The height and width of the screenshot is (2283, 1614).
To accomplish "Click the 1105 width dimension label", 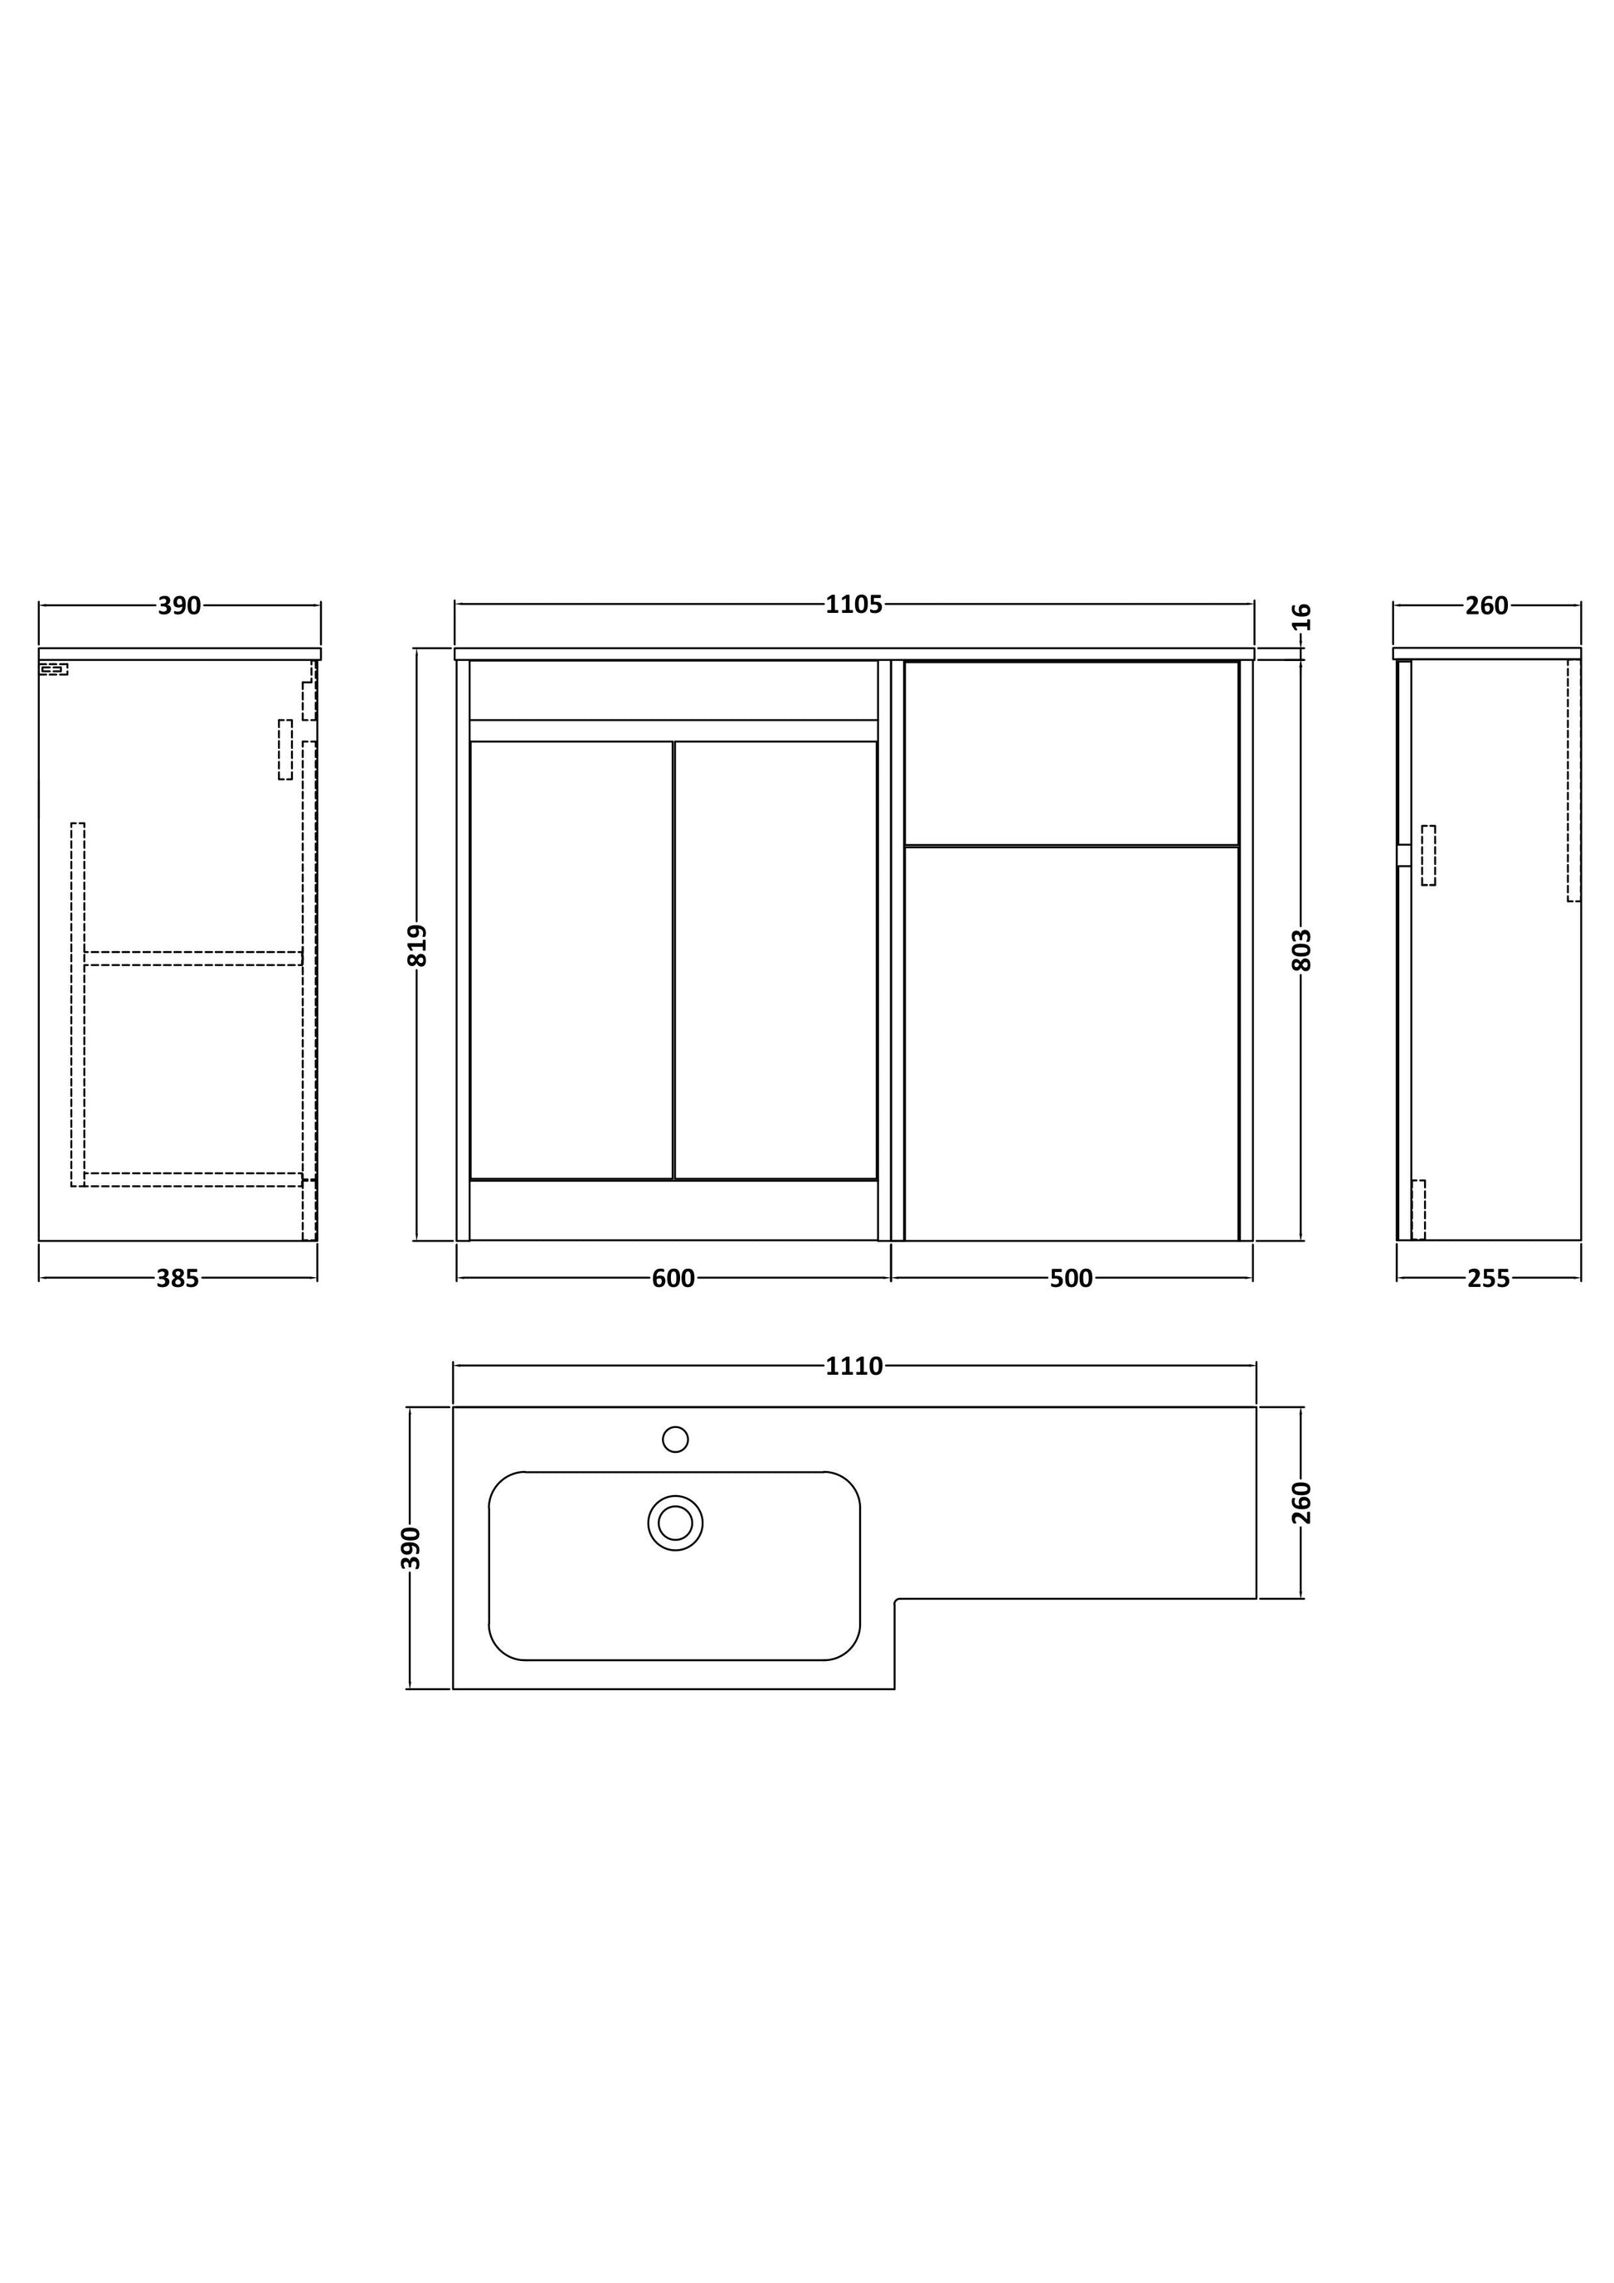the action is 853,605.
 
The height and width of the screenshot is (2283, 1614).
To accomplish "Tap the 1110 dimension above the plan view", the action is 853,1366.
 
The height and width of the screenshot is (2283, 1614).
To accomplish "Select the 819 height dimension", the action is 418,945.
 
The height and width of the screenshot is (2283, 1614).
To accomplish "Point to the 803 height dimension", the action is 1303,950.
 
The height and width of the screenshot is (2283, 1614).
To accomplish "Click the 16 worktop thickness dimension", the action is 1303,616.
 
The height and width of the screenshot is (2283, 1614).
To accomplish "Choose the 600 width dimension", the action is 673,1279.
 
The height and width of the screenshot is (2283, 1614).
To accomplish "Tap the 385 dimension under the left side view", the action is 178,1279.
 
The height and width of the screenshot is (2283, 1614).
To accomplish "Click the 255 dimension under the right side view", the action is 1489,1279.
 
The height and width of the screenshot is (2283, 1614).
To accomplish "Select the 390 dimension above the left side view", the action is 180,605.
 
